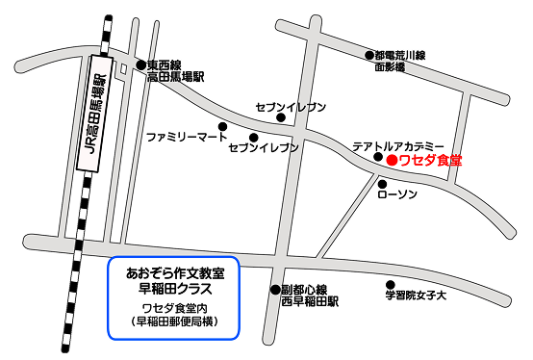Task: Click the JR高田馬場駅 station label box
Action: [x=94, y=114]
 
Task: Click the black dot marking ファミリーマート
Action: [x=222, y=126]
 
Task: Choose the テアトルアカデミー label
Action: [x=398, y=145]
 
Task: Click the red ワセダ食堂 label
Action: [x=430, y=161]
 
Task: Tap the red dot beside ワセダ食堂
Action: [x=391, y=161]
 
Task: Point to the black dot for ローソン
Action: [x=382, y=183]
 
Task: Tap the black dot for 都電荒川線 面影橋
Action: [x=368, y=56]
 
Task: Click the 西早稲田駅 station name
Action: [x=311, y=301]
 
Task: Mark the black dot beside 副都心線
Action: [x=274, y=289]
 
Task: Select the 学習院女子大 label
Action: [x=417, y=296]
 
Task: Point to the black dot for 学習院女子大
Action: [x=390, y=285]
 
